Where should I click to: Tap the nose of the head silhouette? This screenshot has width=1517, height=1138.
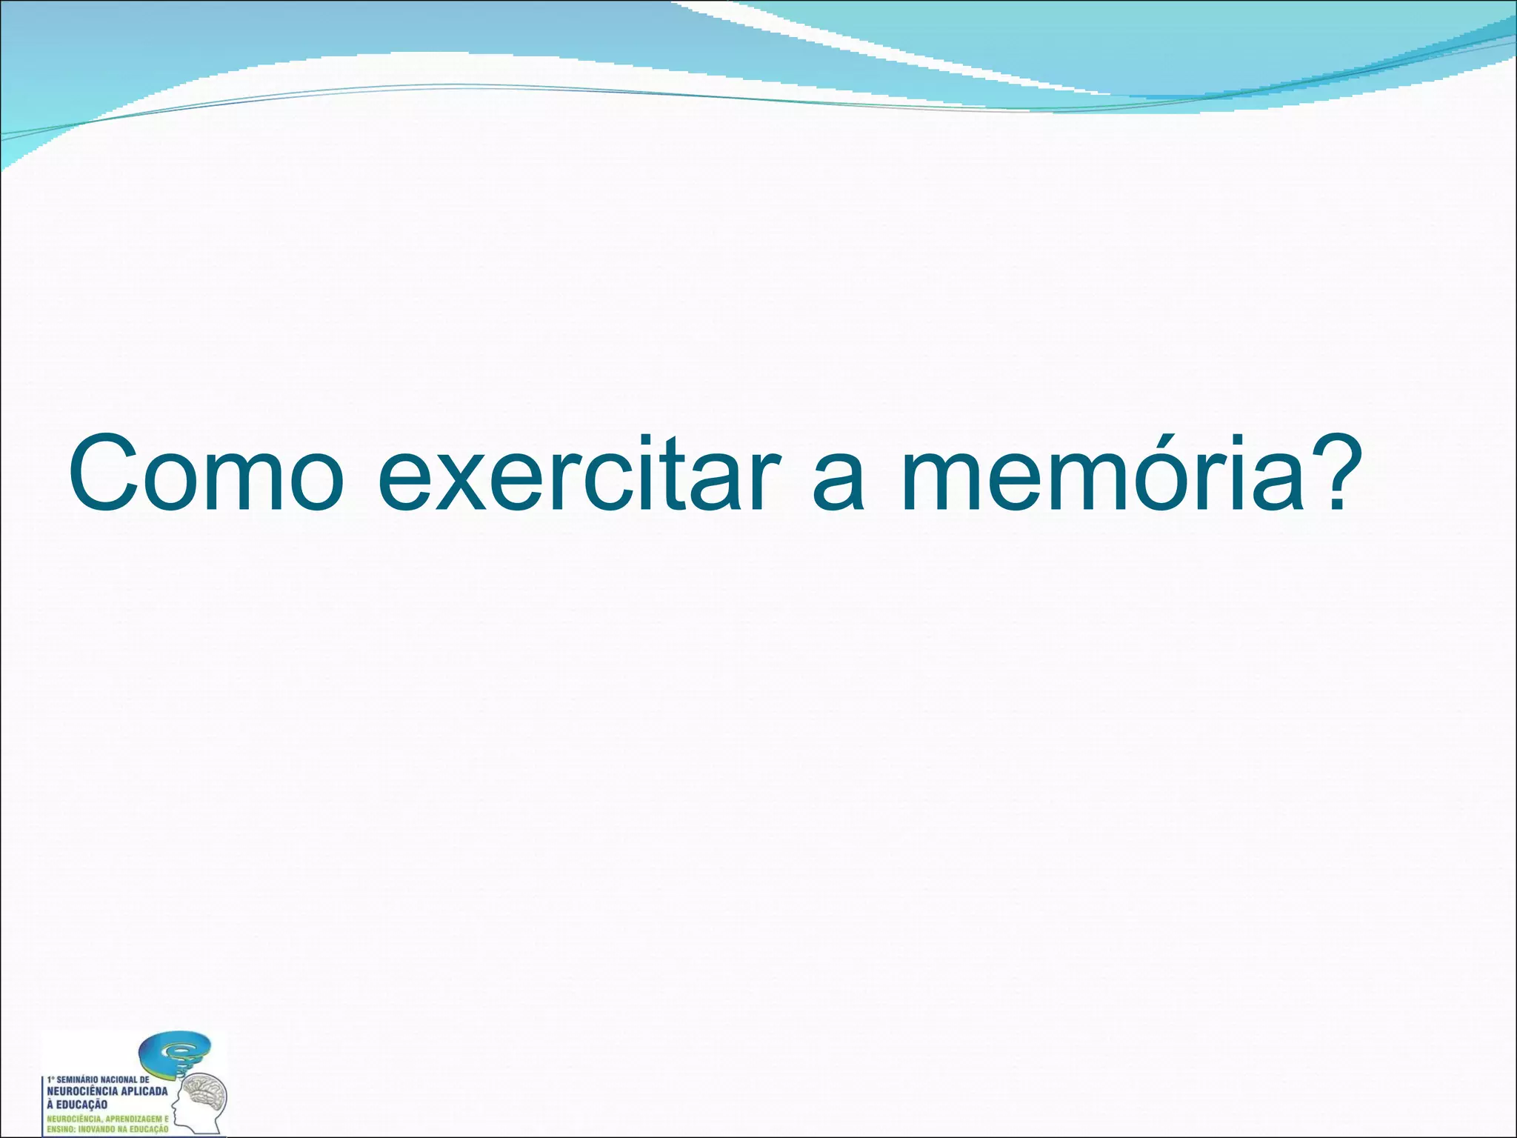[173, 1105]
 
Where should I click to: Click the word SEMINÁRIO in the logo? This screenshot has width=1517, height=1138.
[76, 1079]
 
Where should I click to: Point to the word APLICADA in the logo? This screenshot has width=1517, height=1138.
[144, 1091]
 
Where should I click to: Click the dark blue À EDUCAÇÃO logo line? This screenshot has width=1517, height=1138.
[77, 1105]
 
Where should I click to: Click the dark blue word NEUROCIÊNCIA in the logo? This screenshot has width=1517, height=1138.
[81, 1091]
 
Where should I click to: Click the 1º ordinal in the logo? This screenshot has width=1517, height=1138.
[50, 1079]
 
